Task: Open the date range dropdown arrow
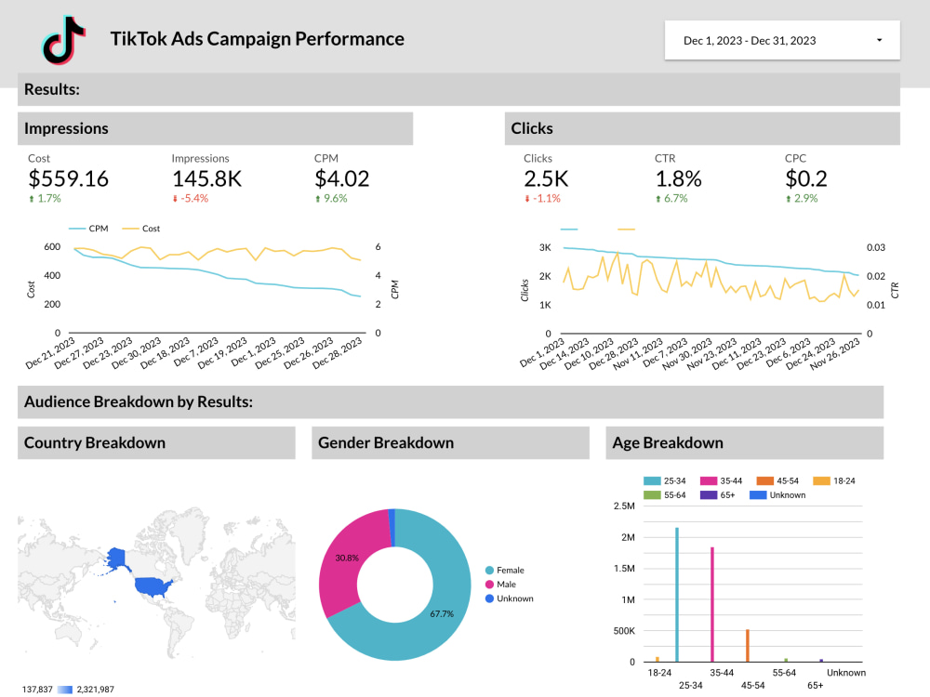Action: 880,40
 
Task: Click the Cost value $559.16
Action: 68,178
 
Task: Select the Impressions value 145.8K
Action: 206,178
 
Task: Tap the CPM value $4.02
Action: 342,178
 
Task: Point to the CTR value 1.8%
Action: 678,178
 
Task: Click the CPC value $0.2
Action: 805,178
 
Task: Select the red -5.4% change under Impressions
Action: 191,199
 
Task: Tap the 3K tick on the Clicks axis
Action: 546,247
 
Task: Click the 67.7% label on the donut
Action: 442,614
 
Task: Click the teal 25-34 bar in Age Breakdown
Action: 677,595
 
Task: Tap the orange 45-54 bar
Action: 747,645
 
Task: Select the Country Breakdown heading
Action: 95,442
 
